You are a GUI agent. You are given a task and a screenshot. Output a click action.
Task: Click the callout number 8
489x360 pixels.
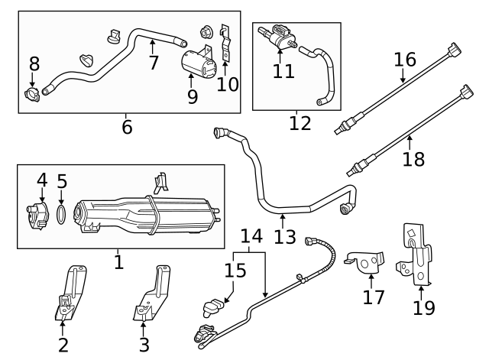[34, 64]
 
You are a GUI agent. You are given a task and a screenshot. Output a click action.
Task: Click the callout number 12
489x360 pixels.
[300, 122]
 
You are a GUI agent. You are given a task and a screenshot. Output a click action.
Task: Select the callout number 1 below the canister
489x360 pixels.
[118, 262]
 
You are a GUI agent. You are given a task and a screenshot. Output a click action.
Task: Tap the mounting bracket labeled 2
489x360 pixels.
[69, 294]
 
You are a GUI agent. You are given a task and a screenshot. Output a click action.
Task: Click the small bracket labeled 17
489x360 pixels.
[365, 263]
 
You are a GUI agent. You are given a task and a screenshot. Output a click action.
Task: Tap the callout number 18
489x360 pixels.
[413, 159]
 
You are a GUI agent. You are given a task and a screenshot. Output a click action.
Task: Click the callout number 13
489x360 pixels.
[284, 237]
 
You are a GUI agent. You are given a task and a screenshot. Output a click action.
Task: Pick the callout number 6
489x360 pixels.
[127, 127]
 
